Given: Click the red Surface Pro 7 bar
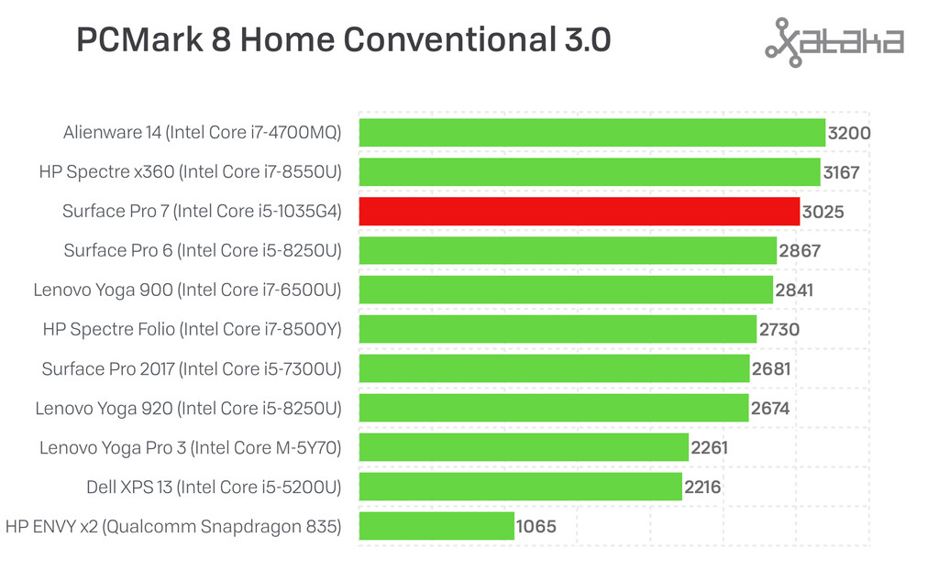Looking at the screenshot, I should tap(579, 211).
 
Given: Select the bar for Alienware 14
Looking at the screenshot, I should tap(591, 132).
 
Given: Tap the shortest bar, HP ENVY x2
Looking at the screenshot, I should tap(436, 526).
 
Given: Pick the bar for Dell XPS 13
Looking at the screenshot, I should tap(520, 487).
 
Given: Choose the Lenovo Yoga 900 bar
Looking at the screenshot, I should tap(566, 290).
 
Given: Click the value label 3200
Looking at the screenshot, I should tap(848, 133).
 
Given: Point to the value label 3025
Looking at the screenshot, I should tap(823, 212).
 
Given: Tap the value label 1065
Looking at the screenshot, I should tap(536, 527).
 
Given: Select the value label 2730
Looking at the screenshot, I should tap(779, 330).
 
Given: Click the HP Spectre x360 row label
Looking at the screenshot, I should tap(190, 171).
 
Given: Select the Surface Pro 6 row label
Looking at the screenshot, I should tap(202, 250).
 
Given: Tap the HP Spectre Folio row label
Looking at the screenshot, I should tap(192, 329).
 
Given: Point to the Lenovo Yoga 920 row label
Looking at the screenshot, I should tap(188, 408).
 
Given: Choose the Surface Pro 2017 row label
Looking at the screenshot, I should tap(191, 368).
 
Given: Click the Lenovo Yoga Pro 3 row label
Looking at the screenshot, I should tap(190, 447).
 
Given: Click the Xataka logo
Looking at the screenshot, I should tap(834, 41).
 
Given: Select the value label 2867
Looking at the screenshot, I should tap(799, 251).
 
